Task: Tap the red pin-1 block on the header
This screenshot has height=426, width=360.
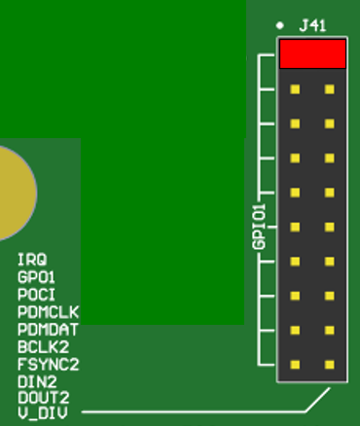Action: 312,54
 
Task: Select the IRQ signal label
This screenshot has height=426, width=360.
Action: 31,261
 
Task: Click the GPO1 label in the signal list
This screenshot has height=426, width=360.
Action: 36,277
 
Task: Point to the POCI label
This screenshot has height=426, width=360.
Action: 36,295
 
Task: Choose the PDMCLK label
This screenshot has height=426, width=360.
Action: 48,312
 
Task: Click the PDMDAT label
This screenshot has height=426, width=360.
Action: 48,330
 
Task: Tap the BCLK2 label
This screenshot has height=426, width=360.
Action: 43,346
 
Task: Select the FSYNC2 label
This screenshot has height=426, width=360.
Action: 48,364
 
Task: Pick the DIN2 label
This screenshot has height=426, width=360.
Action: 37,381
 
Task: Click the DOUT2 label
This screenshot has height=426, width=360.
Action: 43,398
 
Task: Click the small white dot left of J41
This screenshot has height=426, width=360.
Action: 279,25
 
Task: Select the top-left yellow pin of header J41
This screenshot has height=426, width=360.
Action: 295,89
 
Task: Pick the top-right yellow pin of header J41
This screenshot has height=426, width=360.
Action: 329,89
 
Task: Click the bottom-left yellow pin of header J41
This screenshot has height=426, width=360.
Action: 295,365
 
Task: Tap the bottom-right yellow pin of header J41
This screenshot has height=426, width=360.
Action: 329,365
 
